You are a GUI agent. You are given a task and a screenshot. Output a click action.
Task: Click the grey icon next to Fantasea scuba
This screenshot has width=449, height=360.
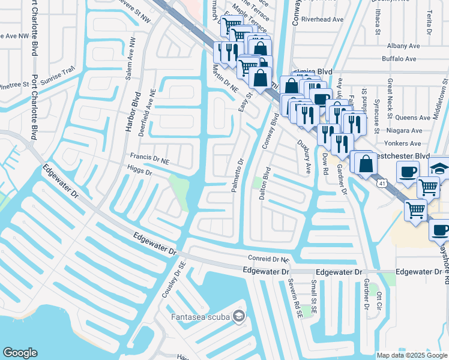tap(240, 316)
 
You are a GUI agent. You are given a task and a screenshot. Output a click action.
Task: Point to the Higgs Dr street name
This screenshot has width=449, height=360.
tap(141, 170)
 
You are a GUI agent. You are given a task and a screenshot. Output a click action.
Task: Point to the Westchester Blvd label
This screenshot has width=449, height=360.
tap(403, 155)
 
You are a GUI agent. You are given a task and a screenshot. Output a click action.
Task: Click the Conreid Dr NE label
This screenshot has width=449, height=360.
tap(269, 259)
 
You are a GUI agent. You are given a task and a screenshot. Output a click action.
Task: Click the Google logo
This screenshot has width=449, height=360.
tap(20, 353)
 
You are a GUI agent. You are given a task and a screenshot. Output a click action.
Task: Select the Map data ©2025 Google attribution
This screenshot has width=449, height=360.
tap(411, 355)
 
